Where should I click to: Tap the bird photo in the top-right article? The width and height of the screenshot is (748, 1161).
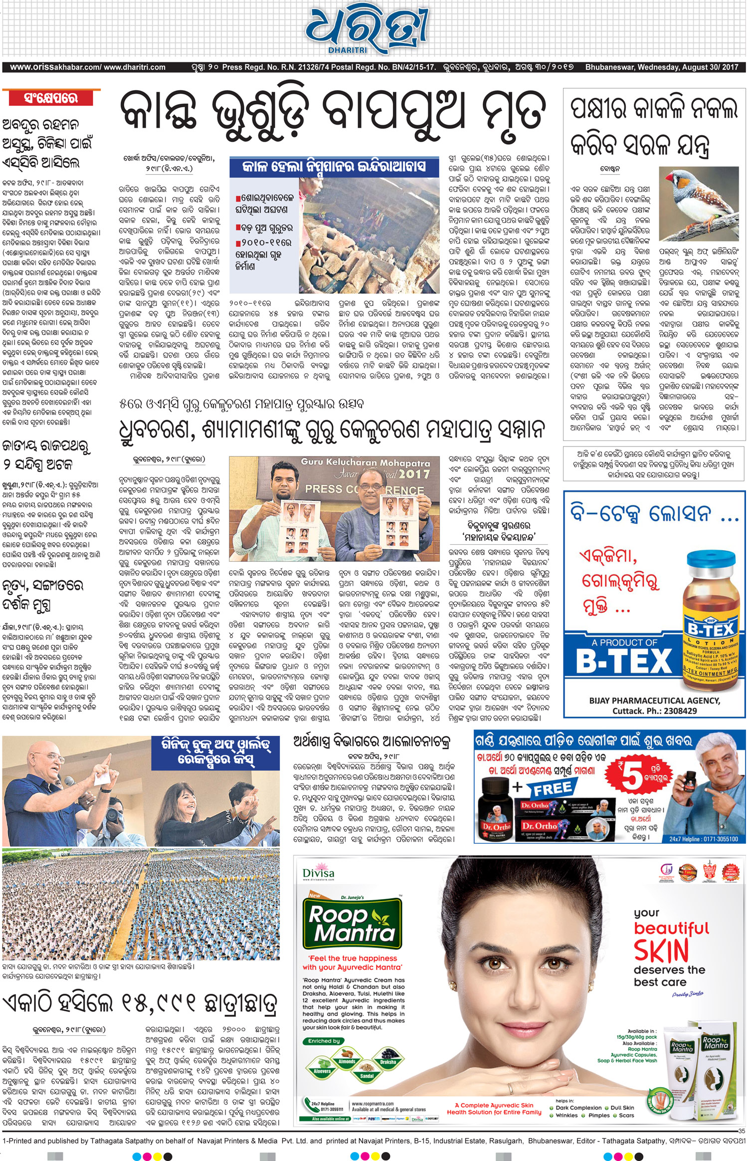pyautogui.click(x=698, y=204)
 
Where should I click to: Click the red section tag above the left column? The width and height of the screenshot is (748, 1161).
pyautogui.click(x=51, y=98)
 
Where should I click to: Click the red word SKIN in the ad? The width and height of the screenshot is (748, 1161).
pyautogui.click(x=661, y=951)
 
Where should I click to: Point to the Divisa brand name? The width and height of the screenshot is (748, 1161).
pyautogui.click(x=318, y=873)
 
